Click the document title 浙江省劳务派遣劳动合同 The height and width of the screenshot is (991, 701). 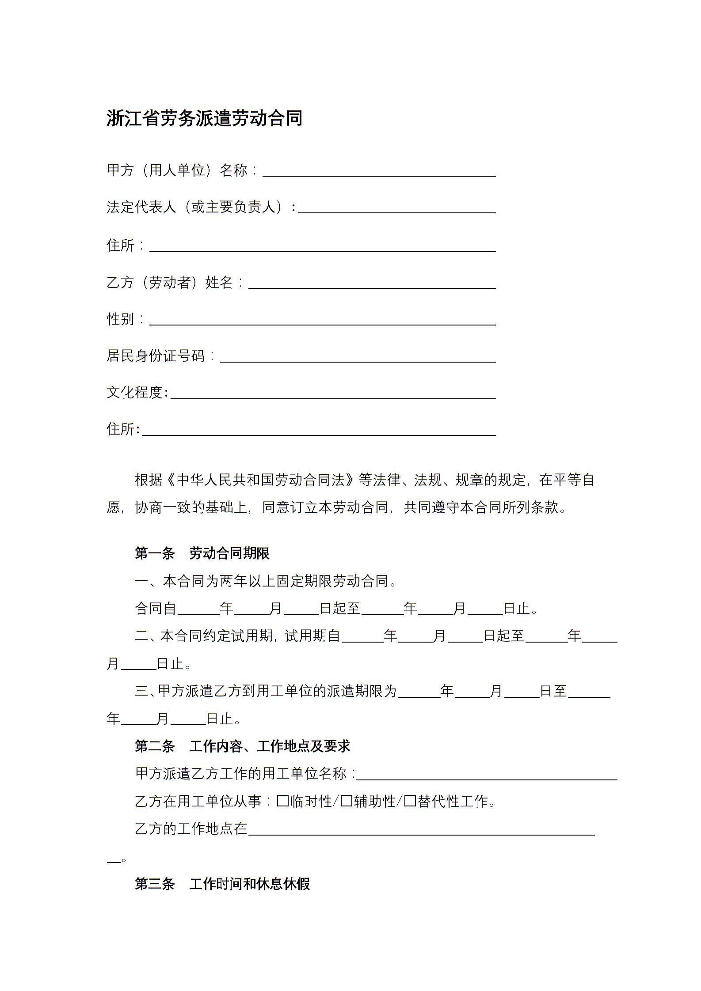pos(204,118)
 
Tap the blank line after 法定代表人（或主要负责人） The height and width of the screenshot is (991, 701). pos(396,208)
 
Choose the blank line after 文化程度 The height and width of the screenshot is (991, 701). pos(333,393)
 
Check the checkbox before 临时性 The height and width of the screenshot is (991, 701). pos(283,801)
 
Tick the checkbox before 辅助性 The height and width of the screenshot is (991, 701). pos(347,801)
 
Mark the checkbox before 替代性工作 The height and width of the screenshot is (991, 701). pos(410,801)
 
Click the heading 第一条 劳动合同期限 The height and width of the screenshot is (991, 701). pos(202,553)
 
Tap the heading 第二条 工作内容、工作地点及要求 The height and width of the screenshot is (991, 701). pos(242,746)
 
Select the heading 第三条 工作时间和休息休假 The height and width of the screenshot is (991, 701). pos(222,884)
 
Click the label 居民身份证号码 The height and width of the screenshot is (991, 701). pos(156,356)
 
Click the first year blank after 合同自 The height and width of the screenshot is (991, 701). pos(198,610)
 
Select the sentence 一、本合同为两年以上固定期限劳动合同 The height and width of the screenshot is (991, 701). pos(266,581)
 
